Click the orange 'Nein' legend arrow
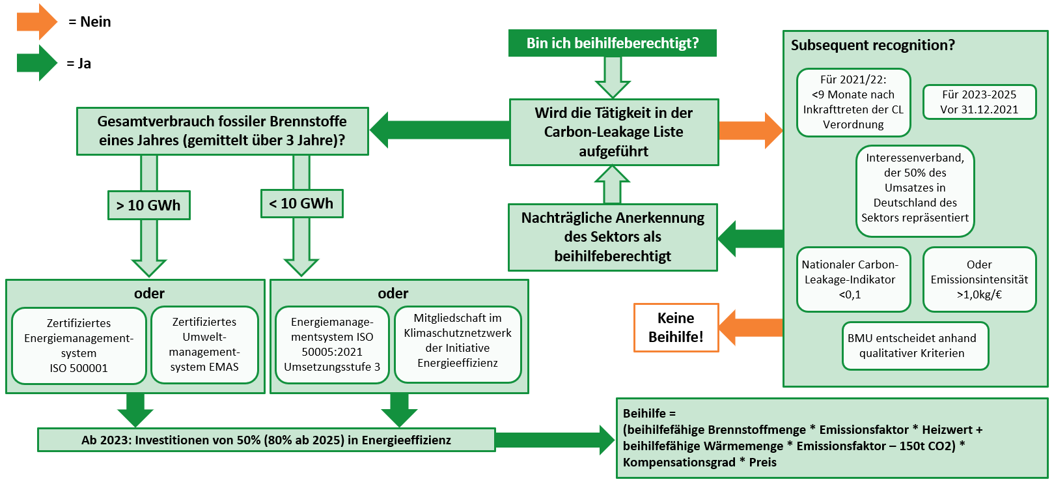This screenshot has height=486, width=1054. pyautogui.click(x=36, y=21)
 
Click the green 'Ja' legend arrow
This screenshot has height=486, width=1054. pyautogui.click(x=36, y=63)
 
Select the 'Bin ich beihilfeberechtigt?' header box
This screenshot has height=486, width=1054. pyautogui.click(x=612, y=44)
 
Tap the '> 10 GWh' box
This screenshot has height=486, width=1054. pyautogui.click(x=148, y=205)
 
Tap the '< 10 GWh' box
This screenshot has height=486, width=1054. pyautogui.click(x=301, y=203)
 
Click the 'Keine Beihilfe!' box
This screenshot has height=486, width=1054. pyautogui.click(x=676, y=327)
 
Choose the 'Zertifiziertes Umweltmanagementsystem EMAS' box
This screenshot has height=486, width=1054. pyautogui.click(x=204, y=344)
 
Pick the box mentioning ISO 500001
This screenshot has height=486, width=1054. pyautogui.click(x=79, y=345)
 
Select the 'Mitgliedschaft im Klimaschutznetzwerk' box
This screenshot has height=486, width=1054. pyautogui.click(x=458, y=344)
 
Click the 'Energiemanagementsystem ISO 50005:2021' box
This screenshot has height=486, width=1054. pyautogui.click(x=332, y=344)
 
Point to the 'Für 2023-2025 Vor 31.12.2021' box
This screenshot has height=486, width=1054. pyautogui.click(x=979, y=102)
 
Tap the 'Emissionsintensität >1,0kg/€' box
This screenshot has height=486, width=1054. pyautogui.click(x=979, y=279)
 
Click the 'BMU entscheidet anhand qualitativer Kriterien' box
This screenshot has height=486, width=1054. pyautogui.click(x=912, y=346)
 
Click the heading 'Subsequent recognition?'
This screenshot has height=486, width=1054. pyautogui.click(x=873, y=45)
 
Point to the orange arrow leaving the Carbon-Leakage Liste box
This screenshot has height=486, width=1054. pyautogui.click(x=751, y=130)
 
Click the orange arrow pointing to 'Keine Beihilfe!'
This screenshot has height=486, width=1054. pyautogui.click(x=751, y=328)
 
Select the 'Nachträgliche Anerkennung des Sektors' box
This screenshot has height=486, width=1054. pyautogui.click(x=613, y=237)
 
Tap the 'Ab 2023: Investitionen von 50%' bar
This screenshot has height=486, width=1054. pyautogui.click(x=266, y=440)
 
